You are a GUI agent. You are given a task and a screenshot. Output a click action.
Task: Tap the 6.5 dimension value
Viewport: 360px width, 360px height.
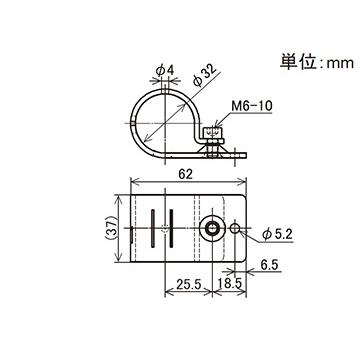point(268,267)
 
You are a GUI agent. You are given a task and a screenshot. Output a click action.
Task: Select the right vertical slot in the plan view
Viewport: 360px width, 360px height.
point(169,229)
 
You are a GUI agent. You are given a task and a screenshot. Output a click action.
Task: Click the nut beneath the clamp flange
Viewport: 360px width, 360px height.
point(212,153)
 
